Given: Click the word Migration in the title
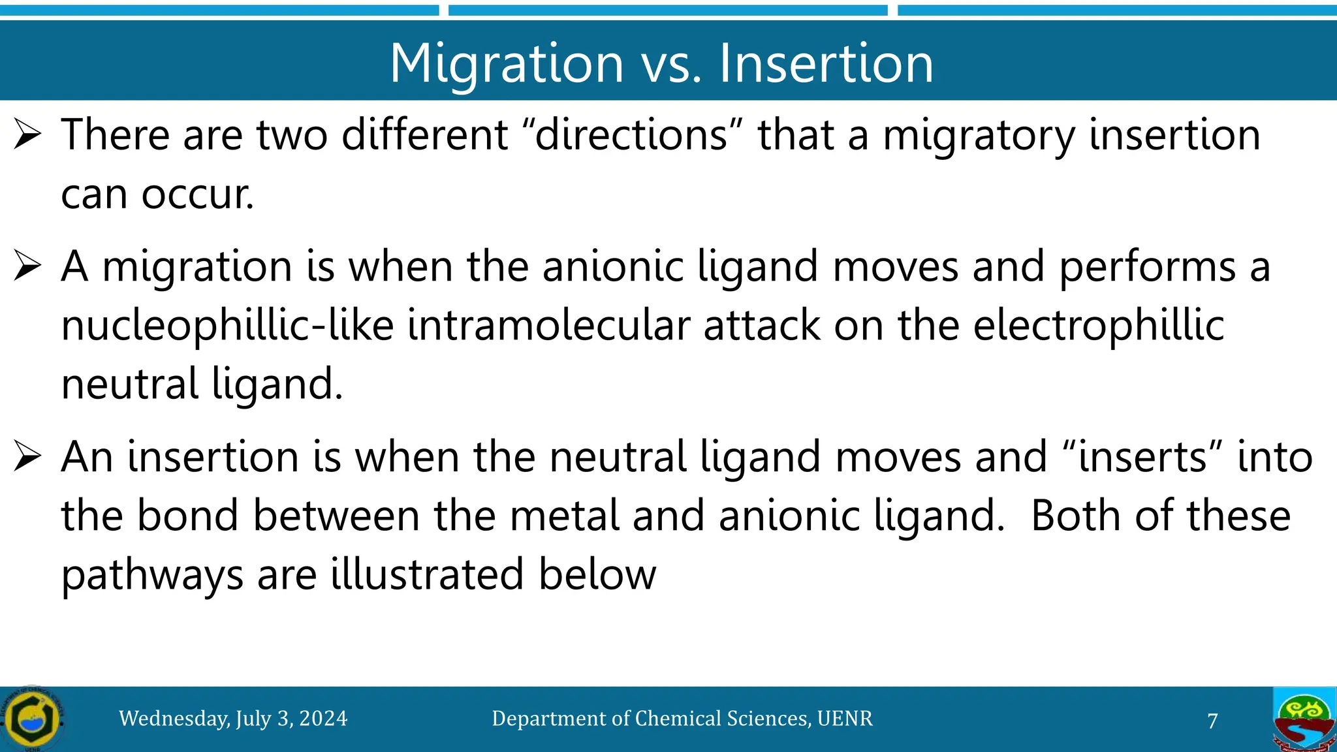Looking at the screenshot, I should pos(507,63).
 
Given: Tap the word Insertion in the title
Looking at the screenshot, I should pos(826,63).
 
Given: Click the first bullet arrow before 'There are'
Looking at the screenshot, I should pos(27,135).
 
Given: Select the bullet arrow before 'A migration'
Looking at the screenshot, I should pos(27,267).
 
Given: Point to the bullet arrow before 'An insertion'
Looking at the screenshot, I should pos(27,457).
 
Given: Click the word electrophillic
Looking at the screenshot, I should pos(1098,326).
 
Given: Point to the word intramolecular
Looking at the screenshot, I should pos(548,326).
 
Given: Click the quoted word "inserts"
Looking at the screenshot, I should pos(1142,457).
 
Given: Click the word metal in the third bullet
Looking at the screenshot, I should pos(564,516).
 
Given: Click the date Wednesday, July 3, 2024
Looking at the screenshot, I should pos(233,719).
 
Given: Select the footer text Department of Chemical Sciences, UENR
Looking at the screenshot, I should pos(682,719).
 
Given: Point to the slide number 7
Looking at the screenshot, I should pos(1212,721).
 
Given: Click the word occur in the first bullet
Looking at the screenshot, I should pos(196,195).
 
